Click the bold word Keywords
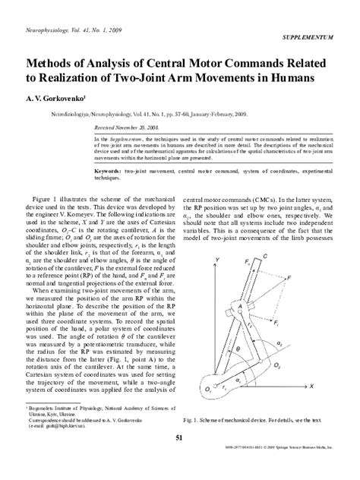point(110,172)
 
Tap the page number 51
point(179,438)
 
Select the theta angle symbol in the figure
point(236,350)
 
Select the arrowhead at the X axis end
point(304,387)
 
